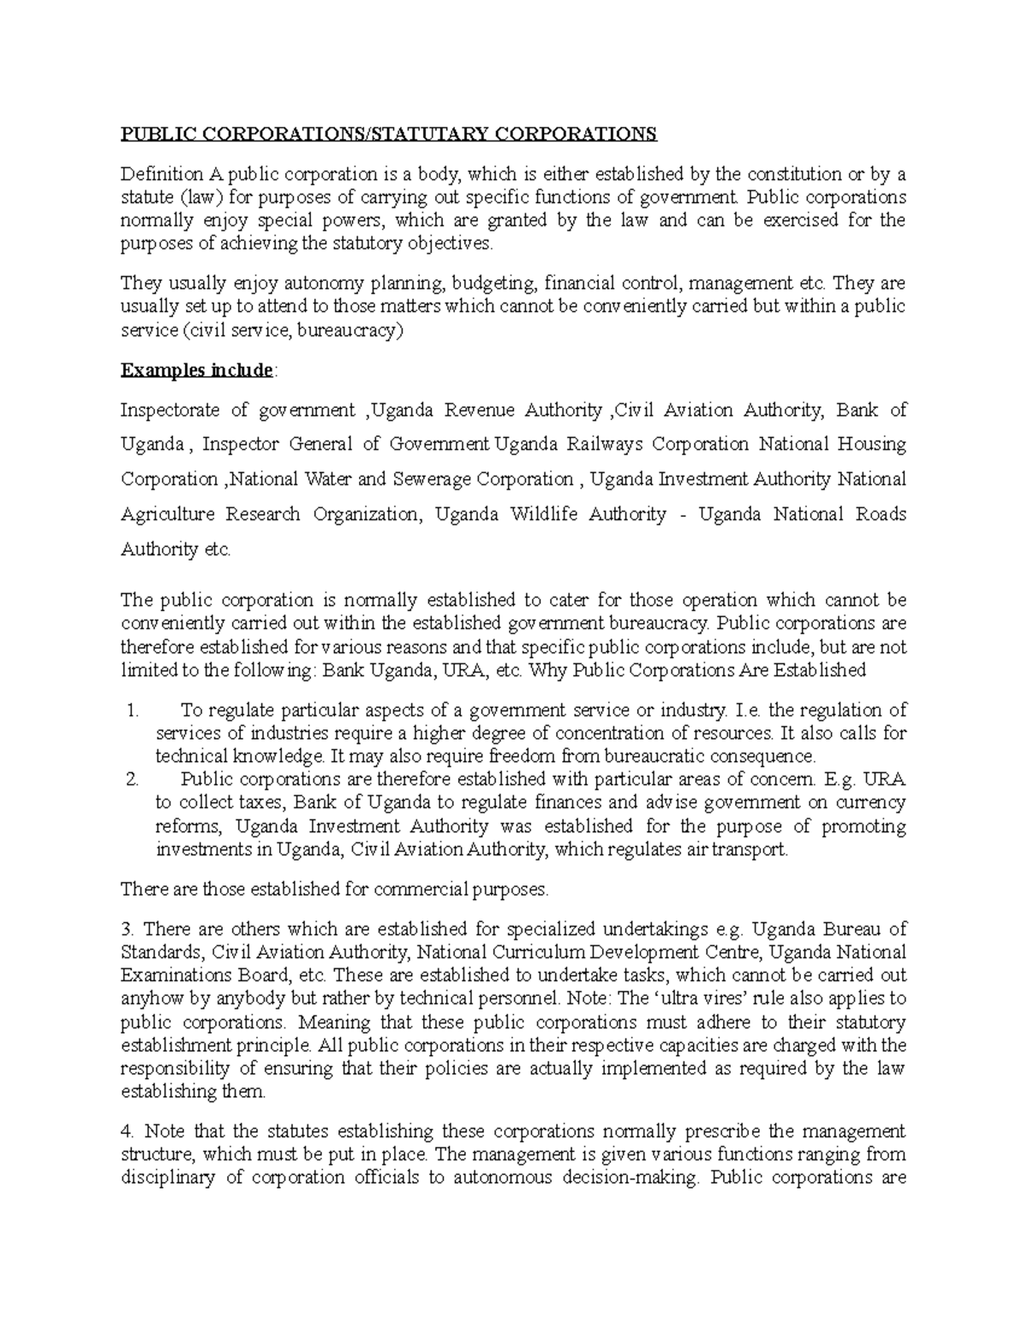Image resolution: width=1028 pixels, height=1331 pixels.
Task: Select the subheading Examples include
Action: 197,370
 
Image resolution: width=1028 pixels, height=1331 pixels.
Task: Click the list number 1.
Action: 131,710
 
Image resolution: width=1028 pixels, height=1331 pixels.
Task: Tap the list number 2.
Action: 131,780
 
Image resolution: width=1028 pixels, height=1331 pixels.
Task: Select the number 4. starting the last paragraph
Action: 127,1130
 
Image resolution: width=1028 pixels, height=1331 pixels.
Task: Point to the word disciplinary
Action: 169,1177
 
